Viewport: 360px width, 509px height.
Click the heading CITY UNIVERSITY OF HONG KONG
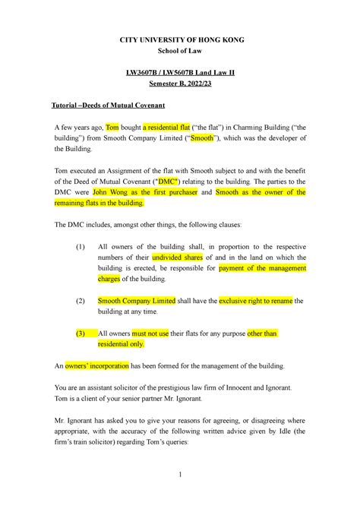coord(180,40)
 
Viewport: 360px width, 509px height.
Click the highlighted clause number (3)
coord(81,334)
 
